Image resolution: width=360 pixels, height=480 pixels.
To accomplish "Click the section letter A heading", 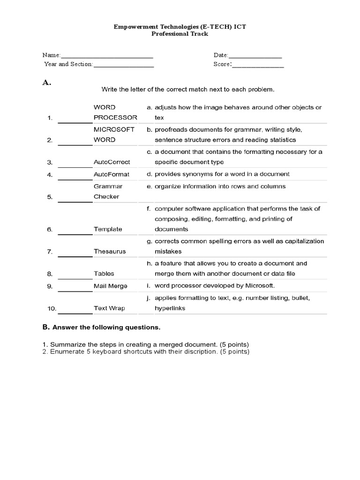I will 46,82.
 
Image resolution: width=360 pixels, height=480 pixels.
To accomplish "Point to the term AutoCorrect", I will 112,162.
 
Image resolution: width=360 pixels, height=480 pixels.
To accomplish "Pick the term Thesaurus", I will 109,251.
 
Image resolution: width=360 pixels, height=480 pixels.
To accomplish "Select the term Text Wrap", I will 109,308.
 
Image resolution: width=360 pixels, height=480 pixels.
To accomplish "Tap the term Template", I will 108,229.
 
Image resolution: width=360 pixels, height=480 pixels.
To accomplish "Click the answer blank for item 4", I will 75,174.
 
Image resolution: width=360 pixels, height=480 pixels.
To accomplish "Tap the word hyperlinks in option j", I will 170,308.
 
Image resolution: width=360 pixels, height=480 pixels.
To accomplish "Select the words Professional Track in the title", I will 180,34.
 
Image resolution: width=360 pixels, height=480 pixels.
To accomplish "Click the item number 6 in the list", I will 49,229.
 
